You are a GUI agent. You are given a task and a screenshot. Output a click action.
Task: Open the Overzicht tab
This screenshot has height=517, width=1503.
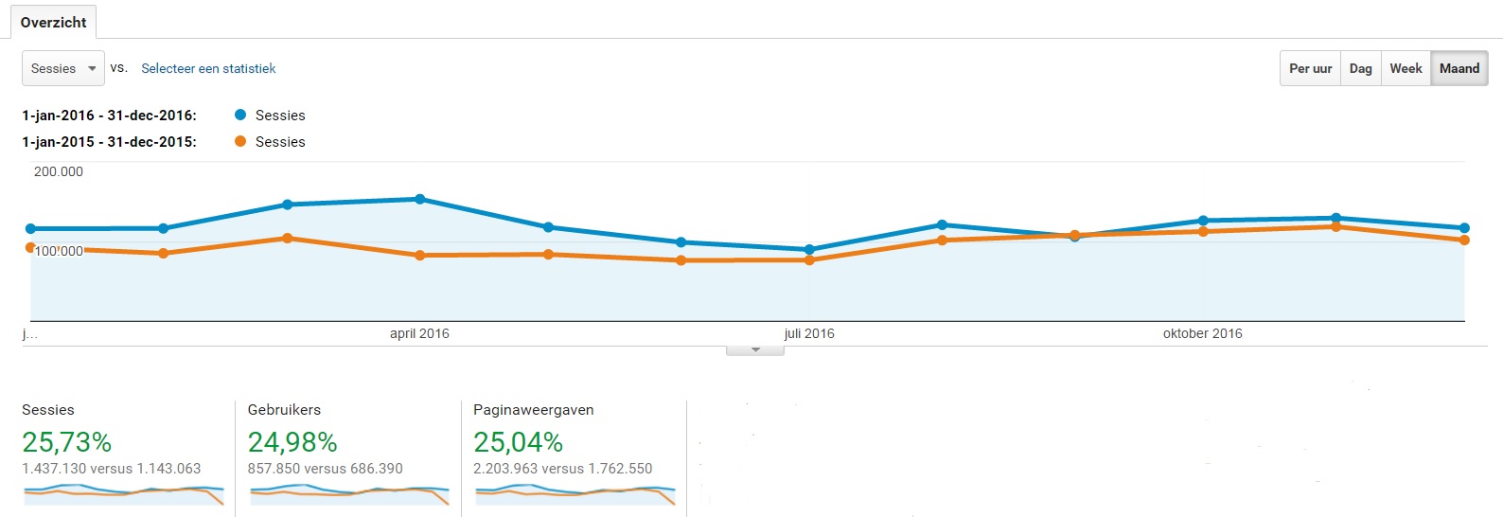pos(53,22)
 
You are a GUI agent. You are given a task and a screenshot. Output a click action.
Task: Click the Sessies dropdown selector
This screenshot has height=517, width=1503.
pos(62,68)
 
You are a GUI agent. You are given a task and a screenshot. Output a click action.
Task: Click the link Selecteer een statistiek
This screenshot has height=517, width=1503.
pos(208,68)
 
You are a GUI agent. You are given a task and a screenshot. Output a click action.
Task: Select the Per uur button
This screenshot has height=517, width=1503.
pos(1310,68)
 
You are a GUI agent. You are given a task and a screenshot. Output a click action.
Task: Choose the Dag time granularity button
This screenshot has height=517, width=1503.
pos(1360,68)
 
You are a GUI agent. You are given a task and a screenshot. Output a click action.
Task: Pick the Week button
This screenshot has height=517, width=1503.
pos(1406,68)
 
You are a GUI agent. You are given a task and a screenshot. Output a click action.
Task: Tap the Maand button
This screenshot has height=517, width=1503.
pos(1459,68)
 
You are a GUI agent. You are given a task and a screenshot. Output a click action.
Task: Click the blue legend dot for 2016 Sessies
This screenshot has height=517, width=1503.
pos(240,115)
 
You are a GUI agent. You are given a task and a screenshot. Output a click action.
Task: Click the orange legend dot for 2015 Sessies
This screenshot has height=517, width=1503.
pos(240,141)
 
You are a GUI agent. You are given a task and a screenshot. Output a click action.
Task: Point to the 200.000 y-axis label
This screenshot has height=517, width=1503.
pos(59,171)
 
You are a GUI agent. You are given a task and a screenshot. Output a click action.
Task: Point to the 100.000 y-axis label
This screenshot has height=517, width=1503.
pos(59,251)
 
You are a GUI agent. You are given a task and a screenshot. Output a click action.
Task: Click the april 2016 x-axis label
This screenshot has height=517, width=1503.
pos(419,333)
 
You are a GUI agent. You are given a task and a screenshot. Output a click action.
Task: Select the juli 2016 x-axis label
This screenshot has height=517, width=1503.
pos(809,333)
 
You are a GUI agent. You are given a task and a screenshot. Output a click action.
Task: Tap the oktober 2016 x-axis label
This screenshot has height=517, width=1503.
pos(1202,333)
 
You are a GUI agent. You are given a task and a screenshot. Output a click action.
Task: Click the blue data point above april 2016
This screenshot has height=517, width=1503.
pos(420,199)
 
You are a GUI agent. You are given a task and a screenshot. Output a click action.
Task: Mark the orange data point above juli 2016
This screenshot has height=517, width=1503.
pos(809,259)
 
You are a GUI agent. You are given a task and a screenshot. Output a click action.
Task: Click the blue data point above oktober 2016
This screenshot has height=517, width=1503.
pos(1203,221)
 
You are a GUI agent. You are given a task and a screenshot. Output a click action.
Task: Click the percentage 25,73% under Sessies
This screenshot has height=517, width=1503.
pos(67,442)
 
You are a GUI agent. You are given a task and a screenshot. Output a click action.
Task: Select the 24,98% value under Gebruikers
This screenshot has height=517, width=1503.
pos(292,442)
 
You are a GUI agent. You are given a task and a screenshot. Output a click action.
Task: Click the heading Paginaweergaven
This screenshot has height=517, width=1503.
pos(533,410)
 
